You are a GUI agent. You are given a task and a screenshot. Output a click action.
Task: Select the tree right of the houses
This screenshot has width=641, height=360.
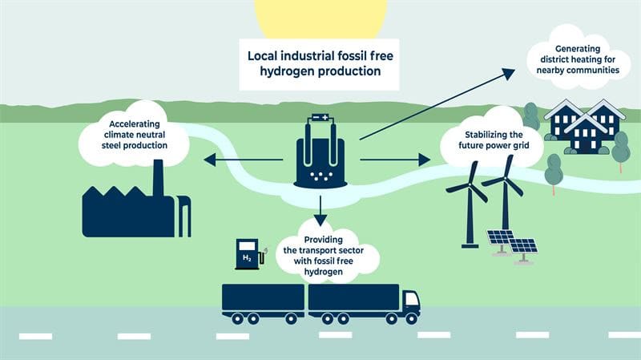click(620, 149)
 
